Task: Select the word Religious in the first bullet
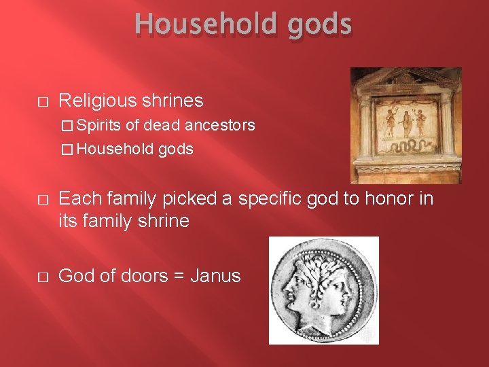[97, 101]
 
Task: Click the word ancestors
[220, 126]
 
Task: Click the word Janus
[216, 276]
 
